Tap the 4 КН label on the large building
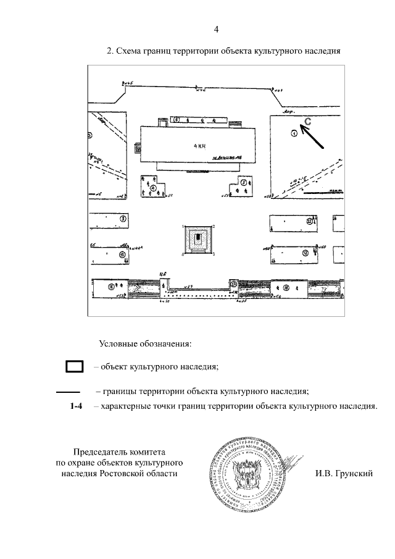[x=199, y=146]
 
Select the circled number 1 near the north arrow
[x=294, y=133]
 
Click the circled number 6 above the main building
[x=177, y=120]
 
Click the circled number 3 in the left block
[x=123, y=219]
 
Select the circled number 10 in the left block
[x=122, y=254]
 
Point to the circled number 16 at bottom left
[x=111, y=286]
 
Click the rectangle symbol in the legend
[x=75, y=367]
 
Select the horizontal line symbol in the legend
[x=69, y=392]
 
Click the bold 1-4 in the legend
[x=76, y=406]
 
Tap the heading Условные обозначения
[x=146, y=343]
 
